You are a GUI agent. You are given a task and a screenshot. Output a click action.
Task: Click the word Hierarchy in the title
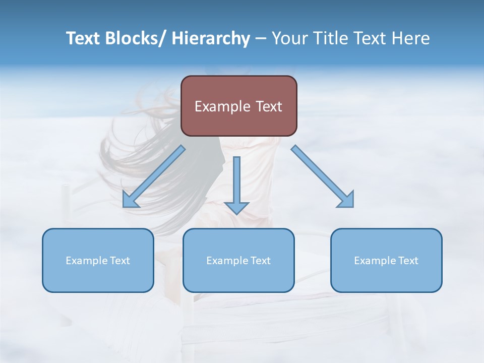tap(211, 38)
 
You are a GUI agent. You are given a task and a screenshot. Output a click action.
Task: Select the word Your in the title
tap(289, 38)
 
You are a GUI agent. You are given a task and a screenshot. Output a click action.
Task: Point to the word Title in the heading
tap(330, 38)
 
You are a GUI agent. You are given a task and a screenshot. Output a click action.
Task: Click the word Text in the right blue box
tap(408, 261)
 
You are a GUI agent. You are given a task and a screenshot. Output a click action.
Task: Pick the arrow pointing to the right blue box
tap(323, 177)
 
